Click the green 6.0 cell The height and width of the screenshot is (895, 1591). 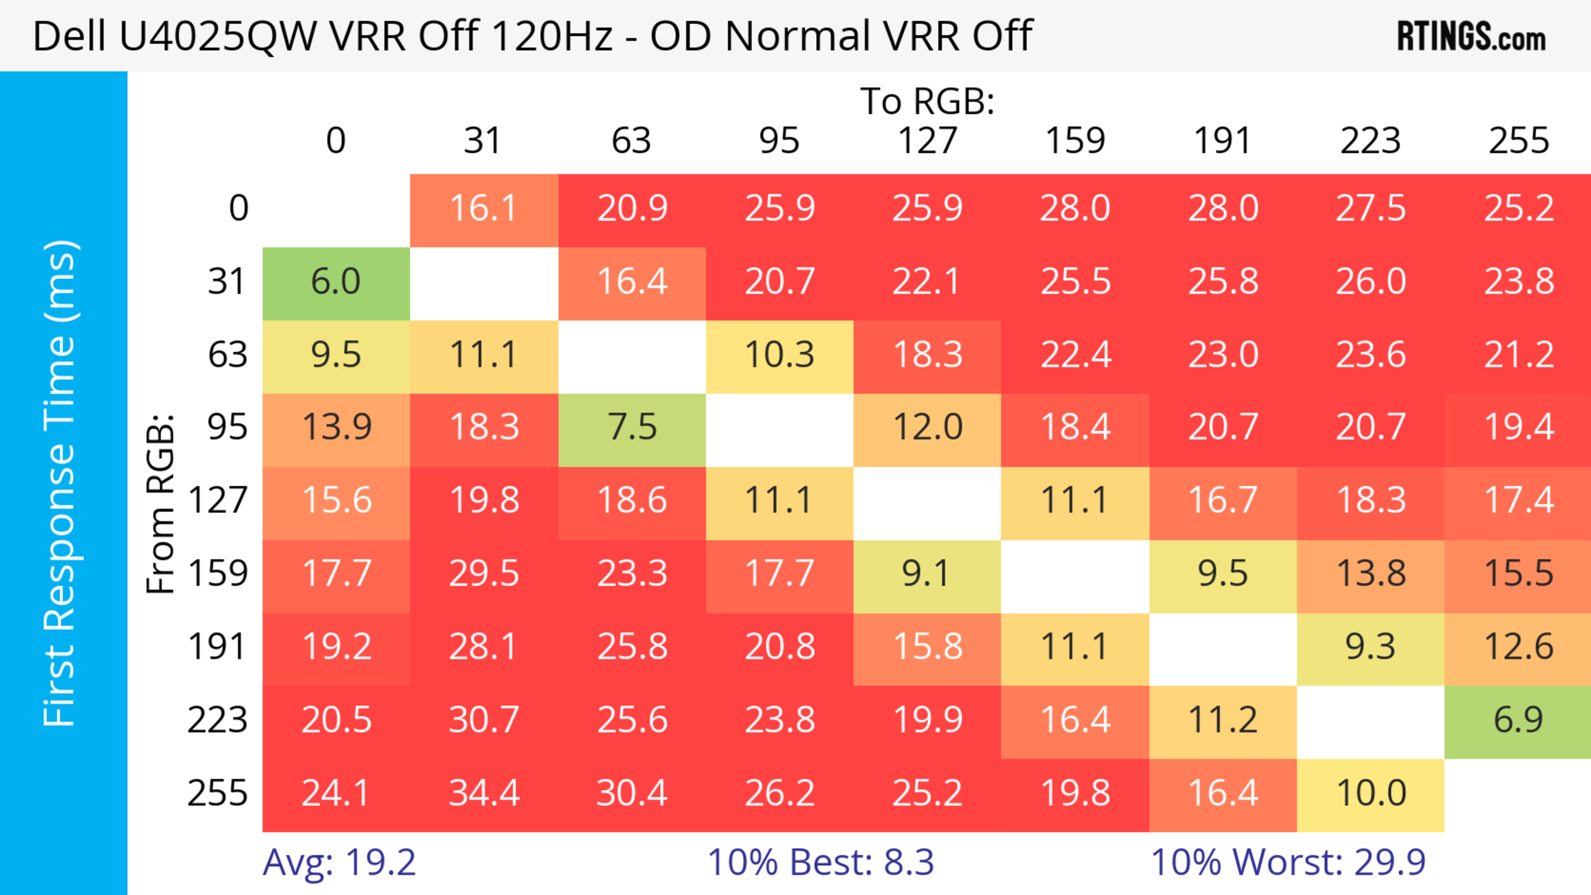[x=336, y=282]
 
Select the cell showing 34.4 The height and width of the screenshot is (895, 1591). [x=484, y=793]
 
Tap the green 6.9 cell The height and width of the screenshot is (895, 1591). [x=1518, y=720]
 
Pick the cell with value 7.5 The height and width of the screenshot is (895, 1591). [x=632, y=428]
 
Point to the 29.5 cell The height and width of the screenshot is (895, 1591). [x=484, y=574]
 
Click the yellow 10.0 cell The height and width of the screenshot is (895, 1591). [x=1371, y=793]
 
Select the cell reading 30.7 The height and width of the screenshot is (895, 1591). [x=484, y=720]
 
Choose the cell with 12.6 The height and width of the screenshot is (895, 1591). [x=1518, y=647]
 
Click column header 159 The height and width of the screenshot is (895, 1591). [x=1075, y=141]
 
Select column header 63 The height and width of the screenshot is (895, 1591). [x=631, y=141]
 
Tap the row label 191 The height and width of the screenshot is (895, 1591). [x=218, y=647]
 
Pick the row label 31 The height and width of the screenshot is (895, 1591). [x=227, y=282]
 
